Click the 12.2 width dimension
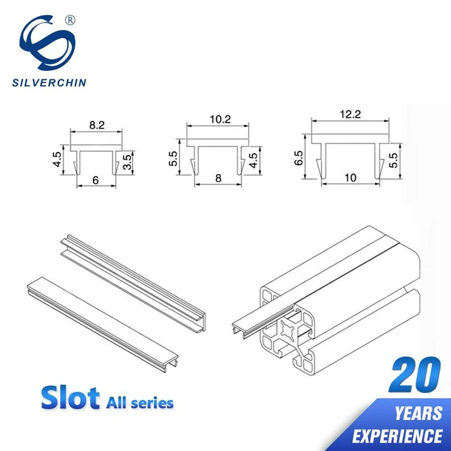[351, 114]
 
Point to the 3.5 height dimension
[127, 161]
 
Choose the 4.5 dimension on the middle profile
[253, 159]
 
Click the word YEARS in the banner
[418, 413]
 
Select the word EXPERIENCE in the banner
[400, 434]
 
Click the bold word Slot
[70, 398]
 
